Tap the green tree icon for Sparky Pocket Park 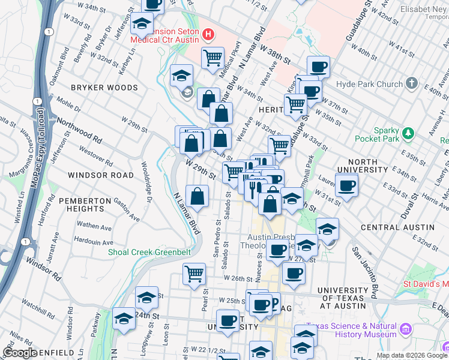(x=409, y=131)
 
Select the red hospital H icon (x=208, y=35)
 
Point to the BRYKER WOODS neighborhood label (x=104, y=88)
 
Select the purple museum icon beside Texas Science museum (x=406, y=329)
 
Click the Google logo (x=20, y=352)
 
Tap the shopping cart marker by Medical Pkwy (x=212, y=58)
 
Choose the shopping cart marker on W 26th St (x=194, y=274)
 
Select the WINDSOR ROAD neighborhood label (x=100, y=175)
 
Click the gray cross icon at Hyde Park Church (x=412, y=83)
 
